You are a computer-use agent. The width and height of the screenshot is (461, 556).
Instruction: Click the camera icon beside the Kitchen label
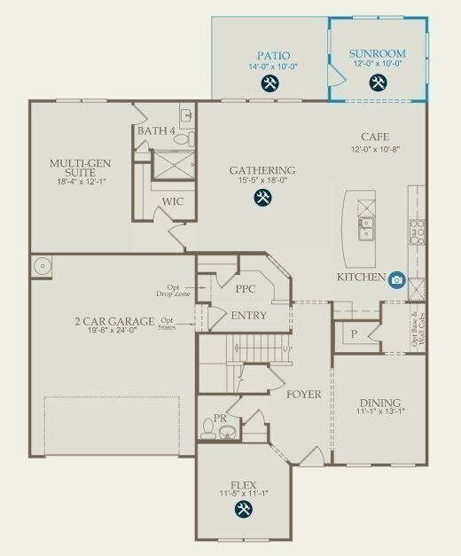[x=396, y=279]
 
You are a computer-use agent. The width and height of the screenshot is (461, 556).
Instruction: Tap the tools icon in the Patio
[x=270, y=84]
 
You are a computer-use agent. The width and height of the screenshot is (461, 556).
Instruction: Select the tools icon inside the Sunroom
[x=378, y=84]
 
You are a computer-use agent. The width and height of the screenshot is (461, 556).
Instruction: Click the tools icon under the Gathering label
[x=262, y=199]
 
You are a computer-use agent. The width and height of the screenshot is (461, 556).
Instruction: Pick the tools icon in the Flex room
[x=243, y=509]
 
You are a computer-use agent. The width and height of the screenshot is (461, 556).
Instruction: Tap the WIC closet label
[x=173, y=202]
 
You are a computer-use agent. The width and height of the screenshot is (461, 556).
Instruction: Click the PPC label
[x=246, y=290]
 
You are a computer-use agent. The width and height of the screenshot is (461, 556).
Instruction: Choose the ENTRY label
[x=249, y=317]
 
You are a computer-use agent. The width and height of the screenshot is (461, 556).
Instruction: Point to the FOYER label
[x=303, y=394]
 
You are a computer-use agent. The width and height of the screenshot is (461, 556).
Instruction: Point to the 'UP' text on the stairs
[x=286, y=348]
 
